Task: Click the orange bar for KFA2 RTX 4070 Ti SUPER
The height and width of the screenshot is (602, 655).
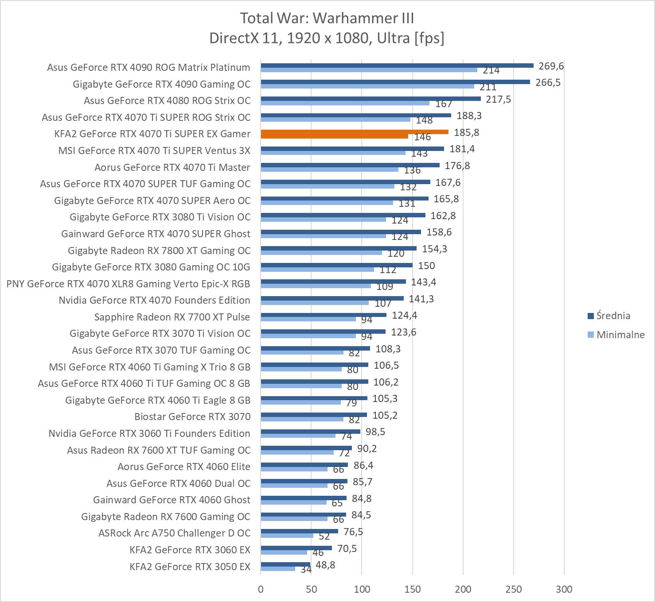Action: point(355,132)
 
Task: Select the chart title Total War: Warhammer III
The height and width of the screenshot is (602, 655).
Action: point(327,18)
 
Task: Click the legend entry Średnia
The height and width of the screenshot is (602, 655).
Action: point(613,316)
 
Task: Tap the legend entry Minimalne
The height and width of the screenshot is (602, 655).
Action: point(620,335)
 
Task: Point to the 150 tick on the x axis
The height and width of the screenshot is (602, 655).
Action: point(413,589)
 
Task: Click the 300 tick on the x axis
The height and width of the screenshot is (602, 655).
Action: point(564,589)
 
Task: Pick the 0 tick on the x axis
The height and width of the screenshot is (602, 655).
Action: point(261,589)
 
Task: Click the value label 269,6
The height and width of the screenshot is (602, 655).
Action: point(551,66)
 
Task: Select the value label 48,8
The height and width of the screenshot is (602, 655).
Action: point(325,565)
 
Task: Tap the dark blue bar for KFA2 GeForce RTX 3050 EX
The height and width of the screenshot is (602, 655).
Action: point(285,564)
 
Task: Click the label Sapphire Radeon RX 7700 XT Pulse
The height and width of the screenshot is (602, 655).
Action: point(172,317)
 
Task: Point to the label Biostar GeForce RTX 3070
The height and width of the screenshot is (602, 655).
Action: point(192,417)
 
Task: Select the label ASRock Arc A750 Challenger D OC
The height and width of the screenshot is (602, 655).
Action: point(174,533)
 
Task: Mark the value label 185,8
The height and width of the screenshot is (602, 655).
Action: point(466,132)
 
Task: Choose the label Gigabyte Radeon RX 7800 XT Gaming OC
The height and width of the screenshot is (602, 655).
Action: point(159,251)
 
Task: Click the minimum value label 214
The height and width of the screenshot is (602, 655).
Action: point(491,70)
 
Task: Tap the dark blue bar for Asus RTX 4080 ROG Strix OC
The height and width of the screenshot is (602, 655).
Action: point(370,99)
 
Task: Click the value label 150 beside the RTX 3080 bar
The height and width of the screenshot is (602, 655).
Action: point(426,266)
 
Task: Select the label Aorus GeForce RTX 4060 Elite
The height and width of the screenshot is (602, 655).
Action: point(184,467)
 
